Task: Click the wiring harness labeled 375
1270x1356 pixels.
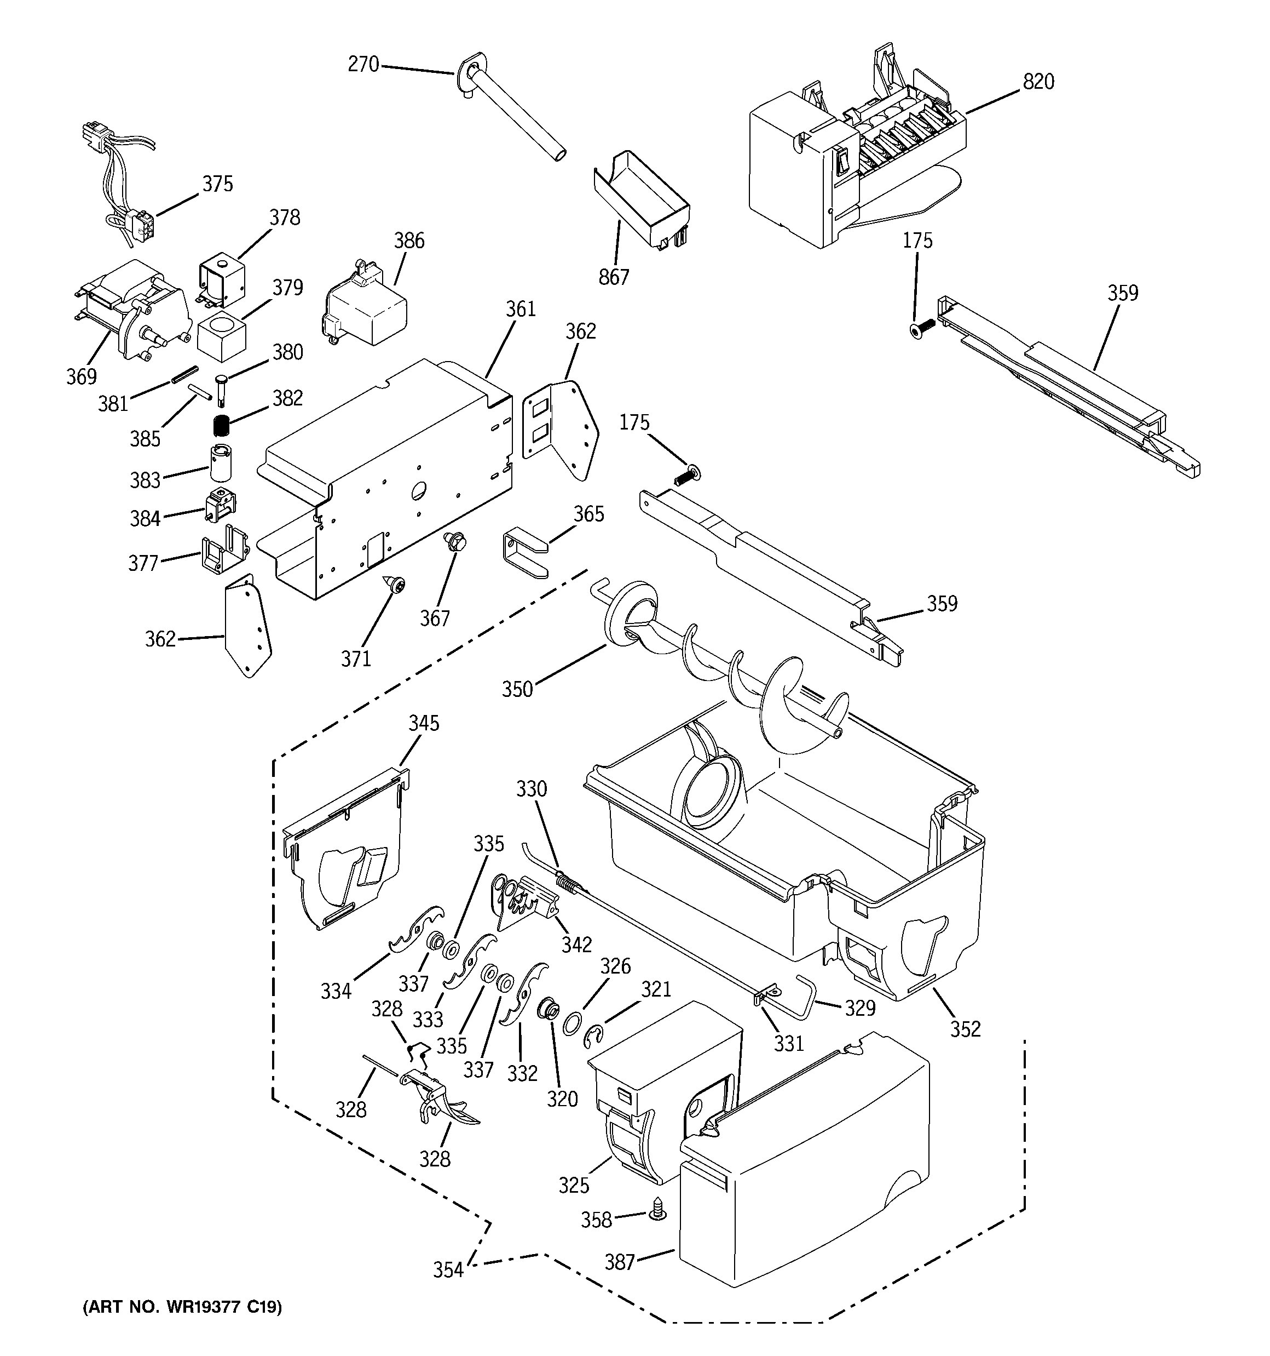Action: (123, 178)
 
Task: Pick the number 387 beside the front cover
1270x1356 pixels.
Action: (620, 1262)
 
